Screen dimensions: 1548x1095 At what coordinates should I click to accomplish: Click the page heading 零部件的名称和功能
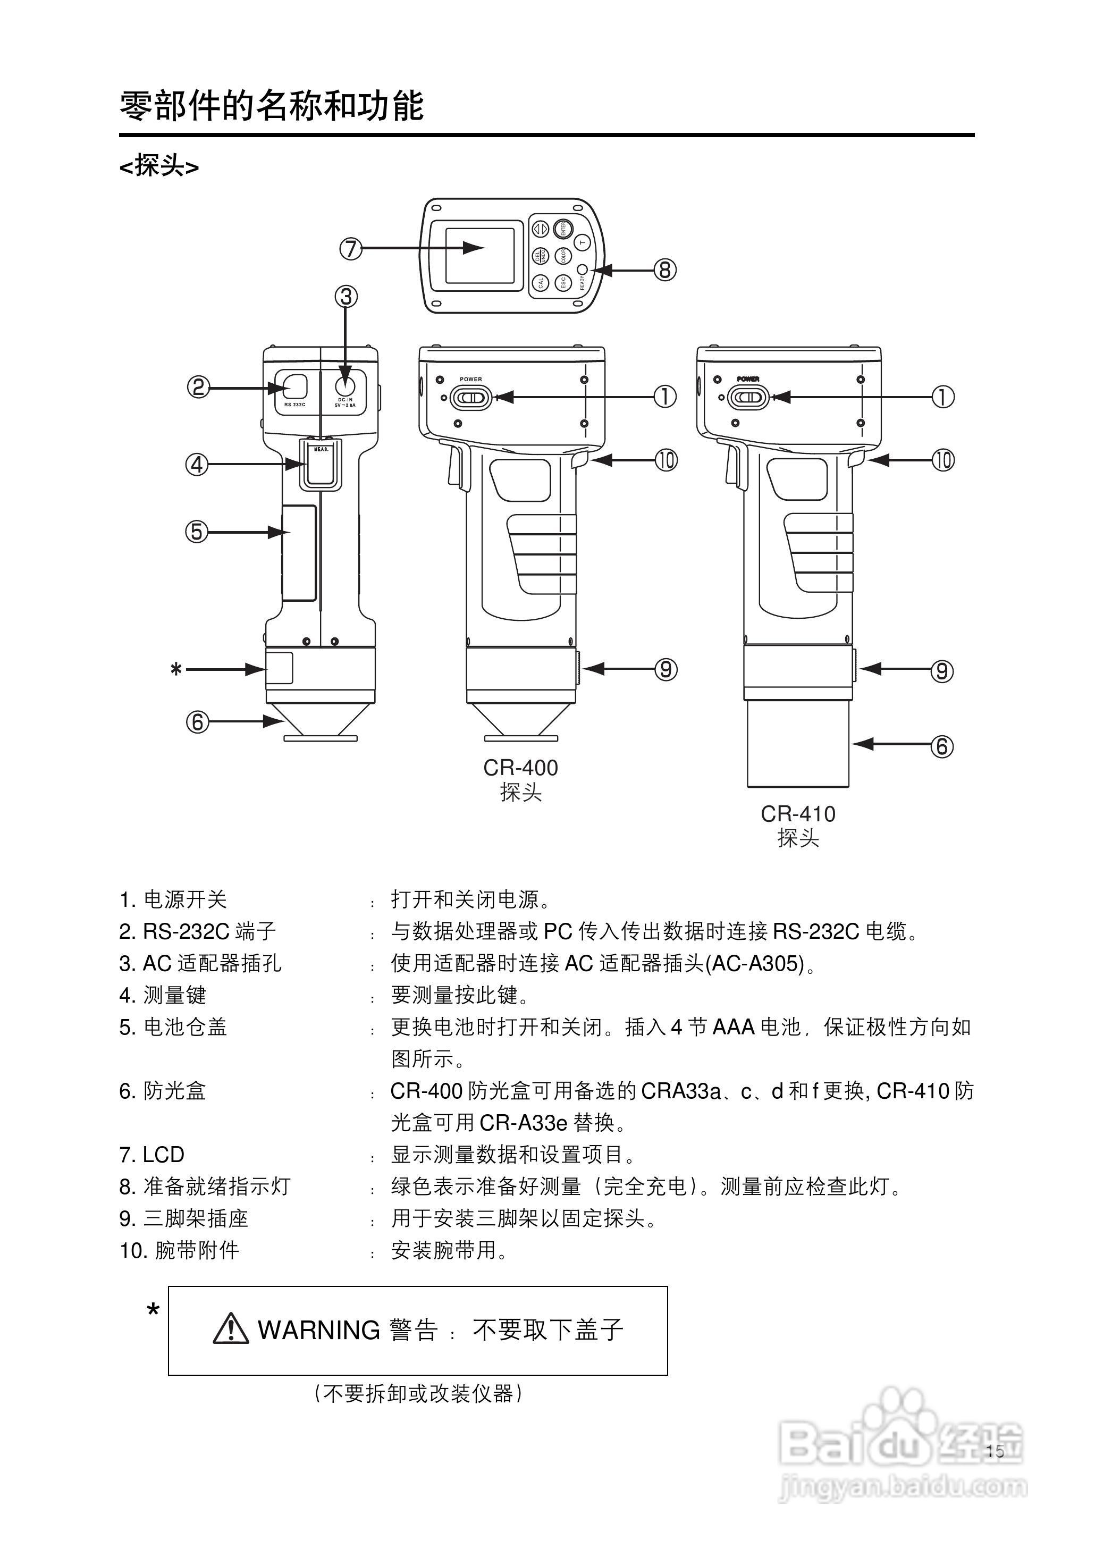(x=271, y=106)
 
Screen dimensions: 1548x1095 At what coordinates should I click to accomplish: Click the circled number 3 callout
(x=346, y=297)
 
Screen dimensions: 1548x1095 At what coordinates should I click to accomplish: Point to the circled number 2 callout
(x=198, y=388)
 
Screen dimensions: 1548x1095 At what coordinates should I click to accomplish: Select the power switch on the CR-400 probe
(x=470, y=398)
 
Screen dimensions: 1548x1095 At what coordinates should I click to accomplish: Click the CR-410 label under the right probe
(x=798, y=814)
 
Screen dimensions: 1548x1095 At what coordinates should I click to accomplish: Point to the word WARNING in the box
(x=319, y=1330)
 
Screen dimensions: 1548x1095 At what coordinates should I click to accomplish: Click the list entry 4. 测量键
(x=163, y=995)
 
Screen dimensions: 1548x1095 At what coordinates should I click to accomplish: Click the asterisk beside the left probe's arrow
(x=176, y=670)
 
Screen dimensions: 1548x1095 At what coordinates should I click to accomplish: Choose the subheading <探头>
(x=159, y=166)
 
